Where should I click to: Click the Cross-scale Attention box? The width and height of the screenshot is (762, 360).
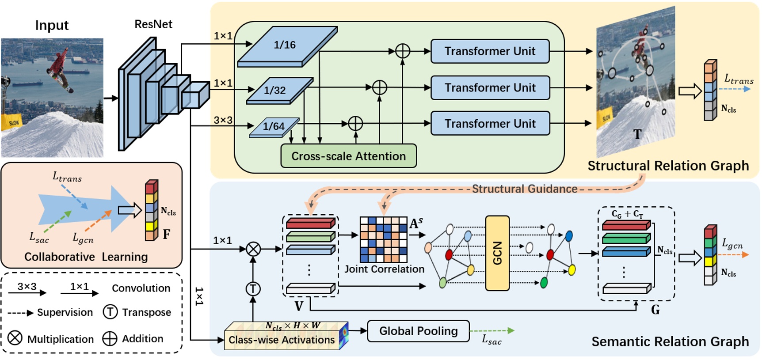click(x=348, y=156)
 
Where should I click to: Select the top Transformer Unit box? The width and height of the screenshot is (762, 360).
click(x=490, y=51)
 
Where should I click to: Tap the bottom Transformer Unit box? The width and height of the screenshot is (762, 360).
click(x=490, y=124)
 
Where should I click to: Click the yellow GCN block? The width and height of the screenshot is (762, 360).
click(x=497, y=253)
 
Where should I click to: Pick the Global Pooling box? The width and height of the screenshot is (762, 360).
click(x=418, y=331)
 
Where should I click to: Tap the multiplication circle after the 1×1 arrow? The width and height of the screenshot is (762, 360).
click(x=253, y=249)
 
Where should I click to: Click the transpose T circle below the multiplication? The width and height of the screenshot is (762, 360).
click(x=253, y=289)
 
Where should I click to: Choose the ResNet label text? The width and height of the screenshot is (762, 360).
click(x=153, y=24)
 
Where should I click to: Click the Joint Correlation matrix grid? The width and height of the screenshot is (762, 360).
click(x=383, y=239)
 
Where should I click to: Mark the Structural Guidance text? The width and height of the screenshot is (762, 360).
click(x=524, y=189)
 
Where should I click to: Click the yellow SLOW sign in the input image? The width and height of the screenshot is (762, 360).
click(x=12, y=122)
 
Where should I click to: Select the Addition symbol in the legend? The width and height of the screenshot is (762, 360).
click(x=110, y=339)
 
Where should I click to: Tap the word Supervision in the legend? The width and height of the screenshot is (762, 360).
click(x=65, y=312)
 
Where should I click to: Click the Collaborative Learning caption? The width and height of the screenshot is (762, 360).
click(x=86, y=257)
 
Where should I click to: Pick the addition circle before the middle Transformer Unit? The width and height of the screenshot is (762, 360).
click(x=379, y=87)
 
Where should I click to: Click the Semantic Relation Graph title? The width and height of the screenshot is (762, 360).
click(x=670, y=341)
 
